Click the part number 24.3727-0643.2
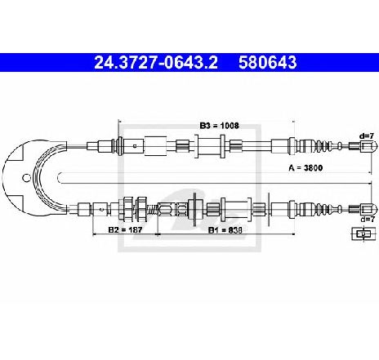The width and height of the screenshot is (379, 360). tap(156, 62)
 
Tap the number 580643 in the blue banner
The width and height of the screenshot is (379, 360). tap(268, 62)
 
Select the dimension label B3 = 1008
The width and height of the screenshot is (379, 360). tap(219, 126)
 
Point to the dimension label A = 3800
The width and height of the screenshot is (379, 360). tap(305, 167)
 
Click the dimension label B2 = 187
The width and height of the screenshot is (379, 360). tap(125, 230)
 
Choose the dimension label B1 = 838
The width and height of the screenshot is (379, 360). tap(225, 230)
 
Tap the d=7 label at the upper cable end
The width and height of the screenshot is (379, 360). tap(367, 136)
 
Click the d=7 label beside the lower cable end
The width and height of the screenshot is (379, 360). tap(368, 219)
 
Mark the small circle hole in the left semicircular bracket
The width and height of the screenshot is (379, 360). tap(26, 178)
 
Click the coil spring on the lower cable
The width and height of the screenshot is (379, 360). tap(153, 210)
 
